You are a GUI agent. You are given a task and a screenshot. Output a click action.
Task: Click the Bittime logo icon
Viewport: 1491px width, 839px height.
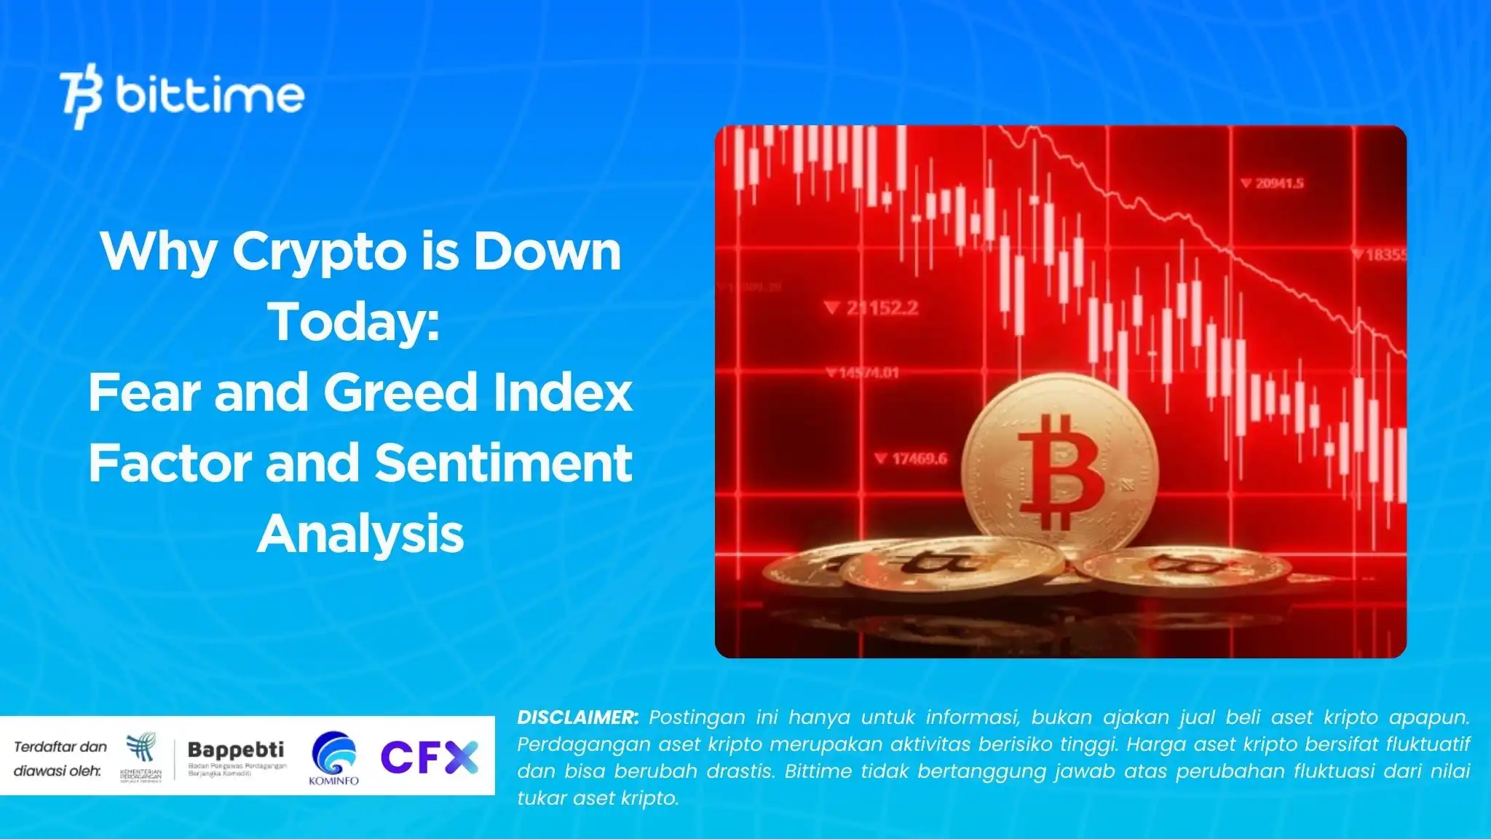pyautogui.click(x=80, y=95)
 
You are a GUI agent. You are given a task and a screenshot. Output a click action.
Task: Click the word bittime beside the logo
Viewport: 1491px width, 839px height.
pyautogui.click(x=210, y=95)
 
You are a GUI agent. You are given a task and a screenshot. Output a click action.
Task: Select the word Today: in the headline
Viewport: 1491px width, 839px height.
pyautogui.click(x=355, y=321)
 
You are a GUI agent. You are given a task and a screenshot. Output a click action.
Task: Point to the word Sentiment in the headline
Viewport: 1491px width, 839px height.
pyautogui.click(x=503, y=463)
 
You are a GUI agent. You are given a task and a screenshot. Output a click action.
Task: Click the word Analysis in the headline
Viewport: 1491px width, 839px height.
pyautogui.click(x=360, y=534)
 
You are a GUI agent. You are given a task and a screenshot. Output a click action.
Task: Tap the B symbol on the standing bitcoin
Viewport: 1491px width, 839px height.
pyautogui.click(x=1060, y=473)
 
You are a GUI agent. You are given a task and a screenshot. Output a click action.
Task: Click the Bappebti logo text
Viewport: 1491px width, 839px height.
pyautogui.click(x=236, y=749)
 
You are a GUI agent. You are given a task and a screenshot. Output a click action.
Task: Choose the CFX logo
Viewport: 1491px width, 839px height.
pyautogui.click(x=430, y=757)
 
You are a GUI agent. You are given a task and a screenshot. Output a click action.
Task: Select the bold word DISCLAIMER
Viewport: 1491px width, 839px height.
pyautogui.click(x=577, y=717)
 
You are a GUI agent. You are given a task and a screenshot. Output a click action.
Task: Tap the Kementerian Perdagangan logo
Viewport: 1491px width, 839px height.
pyautogui.click(x=141, y=758)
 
